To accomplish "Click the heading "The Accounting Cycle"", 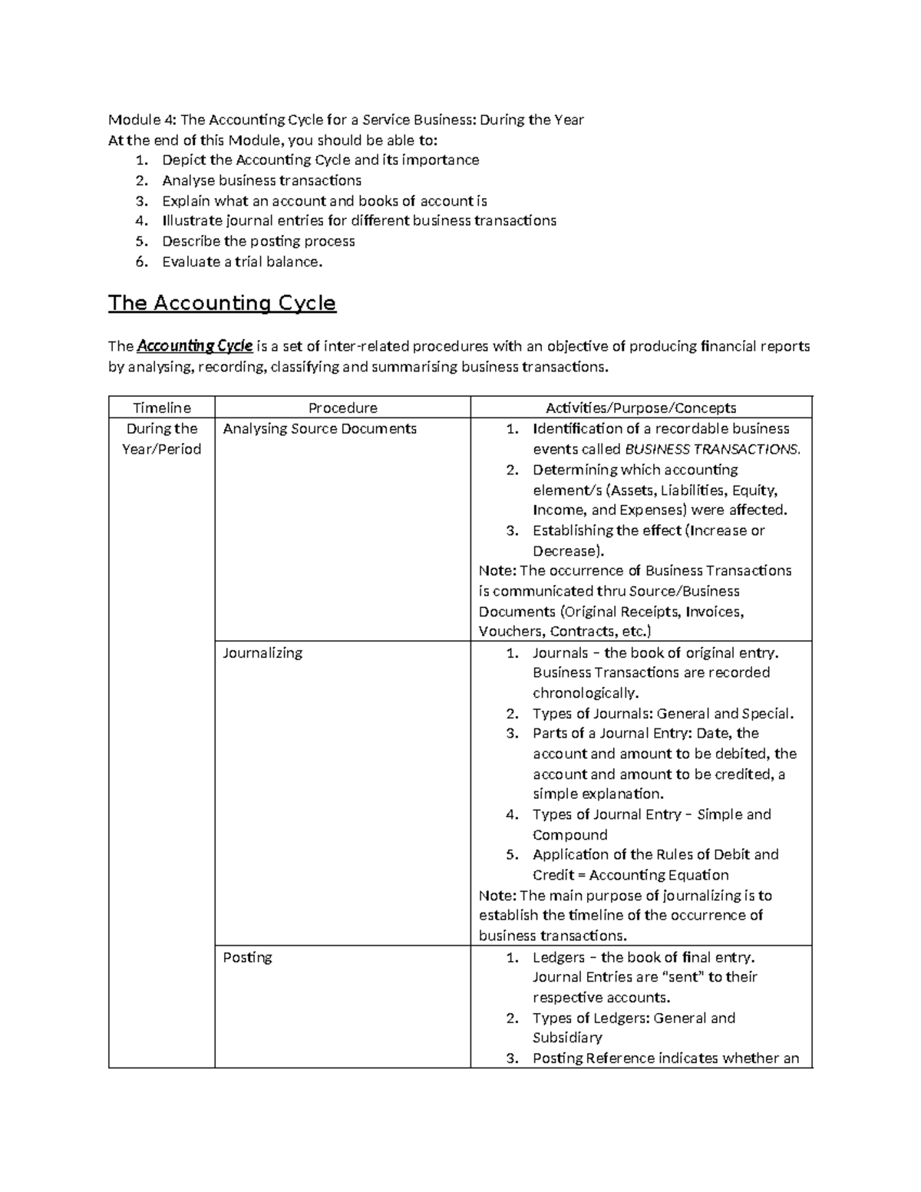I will point(222,303).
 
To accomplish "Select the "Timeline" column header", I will point(162,408).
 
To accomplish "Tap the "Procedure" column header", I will point(342,408).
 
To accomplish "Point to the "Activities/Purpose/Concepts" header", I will point(641,408).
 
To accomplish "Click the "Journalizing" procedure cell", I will point(262,652).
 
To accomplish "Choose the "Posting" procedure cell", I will point(247,957).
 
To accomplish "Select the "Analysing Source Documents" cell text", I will point(319,428).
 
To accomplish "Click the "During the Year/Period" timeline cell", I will point(162,438).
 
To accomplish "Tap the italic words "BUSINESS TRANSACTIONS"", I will point(713,449).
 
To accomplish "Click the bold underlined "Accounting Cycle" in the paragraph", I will point(194,346).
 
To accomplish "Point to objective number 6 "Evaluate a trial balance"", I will point(243,262).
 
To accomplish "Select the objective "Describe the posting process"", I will point(258,241).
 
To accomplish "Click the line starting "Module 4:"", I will point(345,120).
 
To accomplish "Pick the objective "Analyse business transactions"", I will point(261,180).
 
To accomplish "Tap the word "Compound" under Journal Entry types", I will point(569,834).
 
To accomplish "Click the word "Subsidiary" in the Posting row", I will point(567,1038).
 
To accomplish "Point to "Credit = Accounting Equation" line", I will point(630,875).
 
